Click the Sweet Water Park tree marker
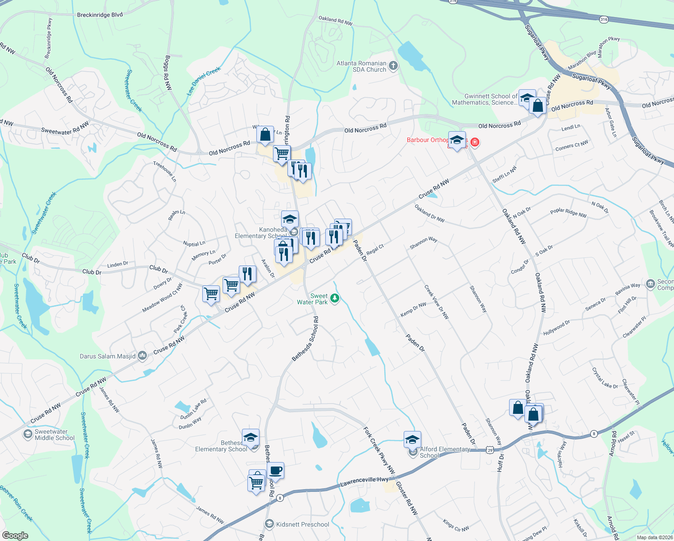coord(335,298)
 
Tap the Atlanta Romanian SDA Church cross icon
coord(393,66)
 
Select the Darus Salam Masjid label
coord(108,356)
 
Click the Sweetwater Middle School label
coord(55,435)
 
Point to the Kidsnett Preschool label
coord(302,524)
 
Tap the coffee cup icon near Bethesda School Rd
coord(276,471)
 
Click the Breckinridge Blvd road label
coord(100,15)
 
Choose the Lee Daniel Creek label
coord(204,81)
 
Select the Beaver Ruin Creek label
coord(16,503)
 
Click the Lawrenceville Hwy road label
coord(364,481)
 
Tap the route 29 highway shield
coord(490,449)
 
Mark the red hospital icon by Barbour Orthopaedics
coord(474,142)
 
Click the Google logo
coord(15,535)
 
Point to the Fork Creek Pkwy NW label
coord(379,451)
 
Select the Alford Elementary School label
coord(444,452)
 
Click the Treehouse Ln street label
coord(164,171)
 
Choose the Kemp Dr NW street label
coord(413,309)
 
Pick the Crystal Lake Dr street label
coord(605,378)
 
